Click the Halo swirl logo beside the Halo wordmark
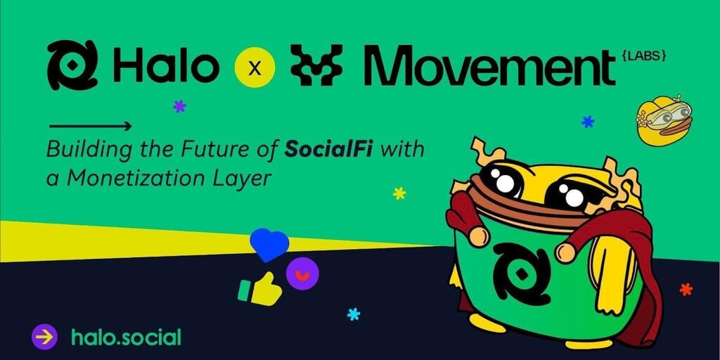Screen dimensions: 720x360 pyautogui.click(x=72, y=65)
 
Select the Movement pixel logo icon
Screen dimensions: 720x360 pyautogui.click(x=316, y=65)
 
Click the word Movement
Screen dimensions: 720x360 pyautogui.click(x=489, y=67)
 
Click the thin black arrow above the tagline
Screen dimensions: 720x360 pyautogui.click(x=91, y=126)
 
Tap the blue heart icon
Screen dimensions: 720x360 pyautogui.click(x=269, y=245)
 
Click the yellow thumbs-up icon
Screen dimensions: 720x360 pyautogui.click(x=260, y=289)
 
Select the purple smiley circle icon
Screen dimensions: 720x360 pyautogui.click(x=302, y=274)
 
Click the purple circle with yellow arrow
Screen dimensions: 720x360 pyautogui.click(x=44, y=337)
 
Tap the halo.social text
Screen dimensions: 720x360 pyautogui.click(x=126, y=337)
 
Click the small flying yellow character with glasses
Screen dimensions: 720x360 pyautogui.click(x=664, y=120)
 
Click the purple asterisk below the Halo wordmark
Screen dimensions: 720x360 pyautogui.click(x=179, y=107)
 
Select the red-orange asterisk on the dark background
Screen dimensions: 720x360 pyautogui.click(x=686, y=289)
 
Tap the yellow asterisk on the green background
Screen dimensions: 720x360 pyautogui.click(x=399, y=193)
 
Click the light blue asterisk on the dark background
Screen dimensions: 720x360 pyautogui.click(x=354, y=314)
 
